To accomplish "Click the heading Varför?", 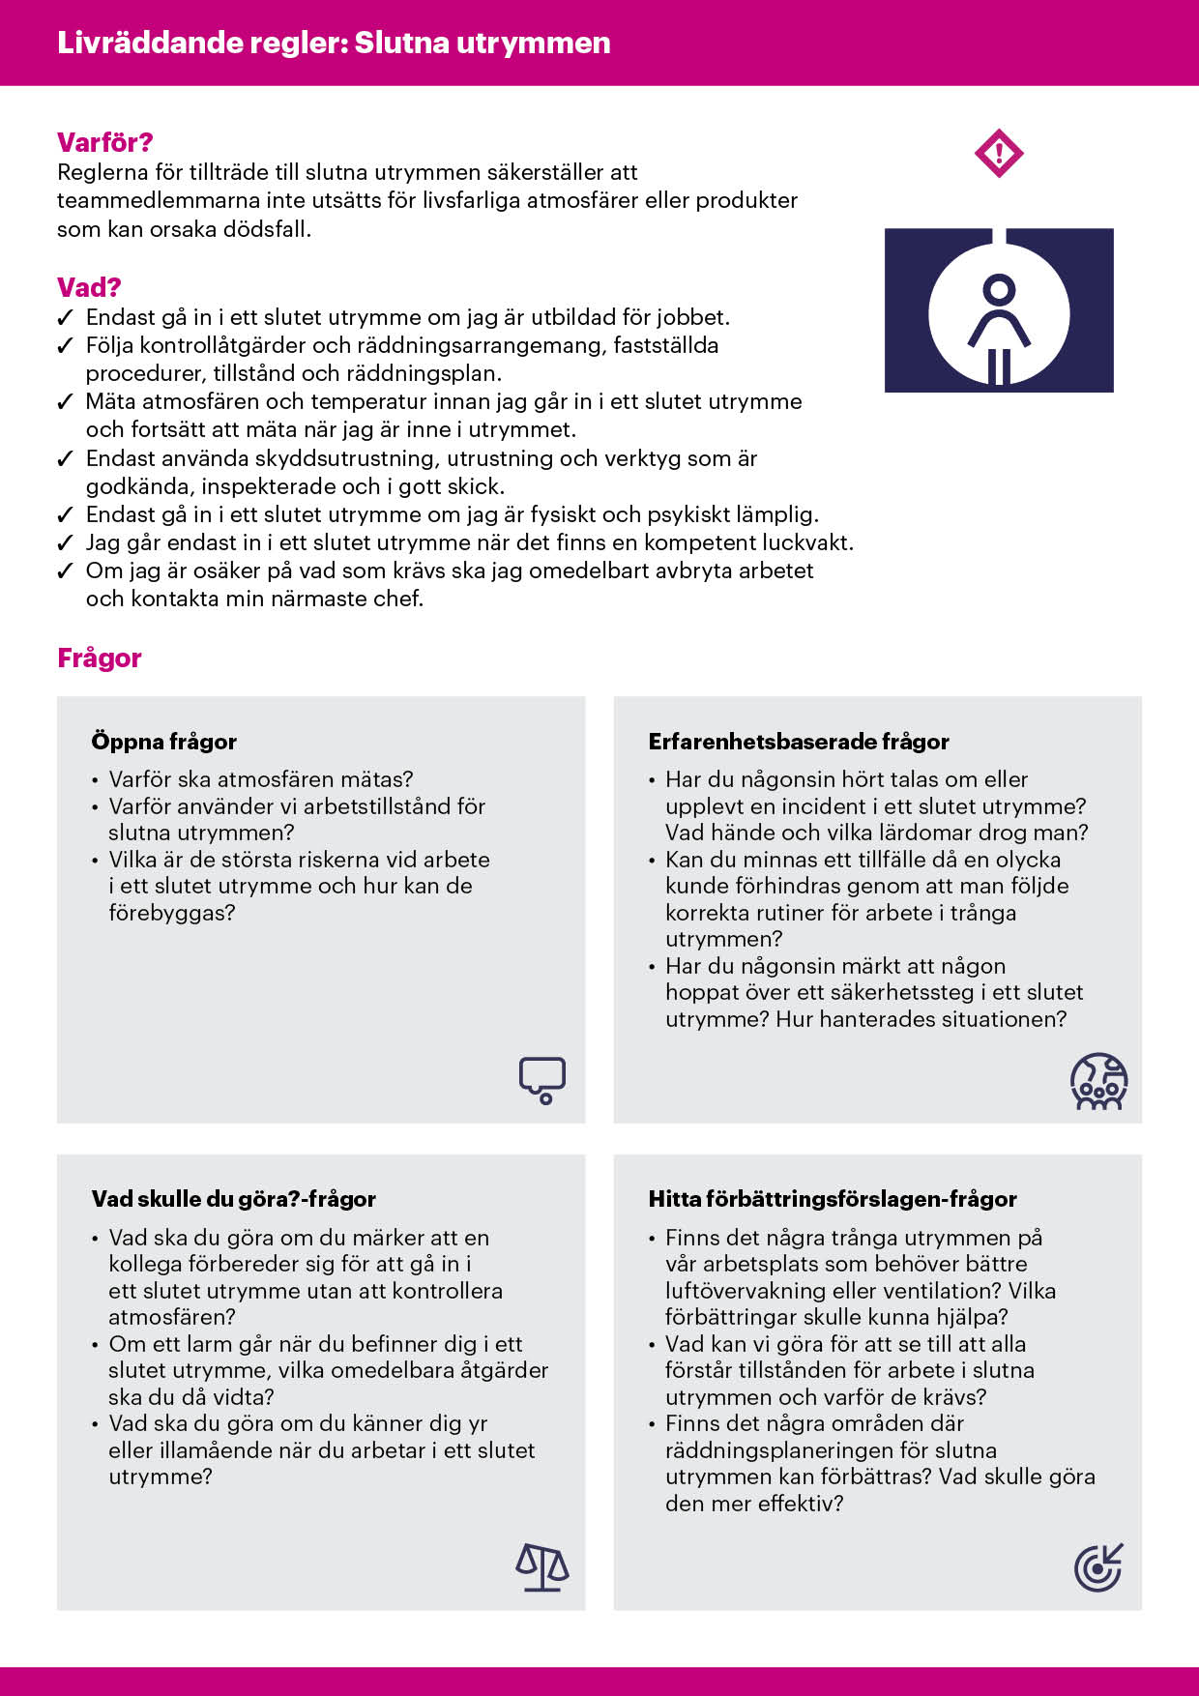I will point(104,143).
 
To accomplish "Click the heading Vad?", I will point(89,287).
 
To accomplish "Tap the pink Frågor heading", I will point(100,658).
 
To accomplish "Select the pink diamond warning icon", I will point(999,154).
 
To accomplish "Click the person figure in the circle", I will point(999,324).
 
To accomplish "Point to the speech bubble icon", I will point(542,1079).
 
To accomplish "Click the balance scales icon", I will point(542,1567).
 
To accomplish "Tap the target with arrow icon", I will point(1099,1567).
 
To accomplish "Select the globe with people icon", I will point(1099,1081).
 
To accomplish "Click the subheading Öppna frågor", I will point(164,742).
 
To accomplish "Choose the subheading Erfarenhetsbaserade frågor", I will point(799,742).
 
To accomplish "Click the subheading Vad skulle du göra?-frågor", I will point(234,1199).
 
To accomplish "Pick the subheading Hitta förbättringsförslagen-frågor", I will point(833,1199).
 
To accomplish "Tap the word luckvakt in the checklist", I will point(806,542).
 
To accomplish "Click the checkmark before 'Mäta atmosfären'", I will point(66,402).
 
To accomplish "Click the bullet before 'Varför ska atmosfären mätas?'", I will point(95,780).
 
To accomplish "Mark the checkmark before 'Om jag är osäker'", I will point(66,571).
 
